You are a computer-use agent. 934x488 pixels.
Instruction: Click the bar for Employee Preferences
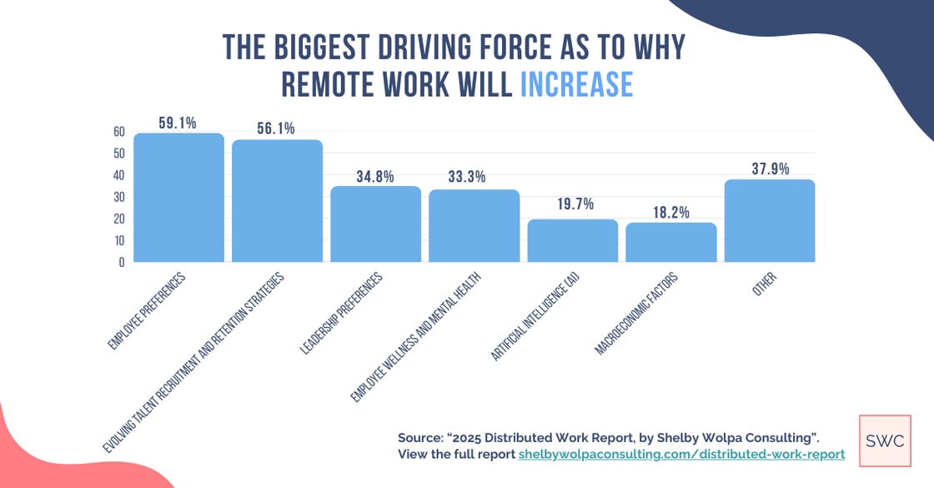pyautogui.click(x=178, y=198)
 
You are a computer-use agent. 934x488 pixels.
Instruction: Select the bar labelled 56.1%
pyautogui.click(x=277, y=201)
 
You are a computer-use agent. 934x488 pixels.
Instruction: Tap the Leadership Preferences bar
pyautogui.click(x=375, y=224)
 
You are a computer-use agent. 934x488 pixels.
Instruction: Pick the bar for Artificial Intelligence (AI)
pyautogui.click(x=573, y=241)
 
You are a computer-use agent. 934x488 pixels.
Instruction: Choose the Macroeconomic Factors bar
pyautogui.click(x=671, y=243)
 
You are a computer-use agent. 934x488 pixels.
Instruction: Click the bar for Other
pyautogui.click(x=770, y=221)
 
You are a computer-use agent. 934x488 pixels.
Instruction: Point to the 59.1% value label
pyautogui.click(x=178, y=123)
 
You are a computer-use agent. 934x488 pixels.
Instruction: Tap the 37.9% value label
pyautogui.click(x=770, y=168)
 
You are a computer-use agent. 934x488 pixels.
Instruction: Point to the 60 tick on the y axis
pyautogui.click(x=118, y=132)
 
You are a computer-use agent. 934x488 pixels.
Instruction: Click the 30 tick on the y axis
pyautogui.click(x=118, y=197)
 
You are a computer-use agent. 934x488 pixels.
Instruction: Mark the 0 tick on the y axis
pyautogui.click(x=122, y=262)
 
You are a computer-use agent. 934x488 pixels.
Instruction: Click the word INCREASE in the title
pyautogui.click(x=576, y=85)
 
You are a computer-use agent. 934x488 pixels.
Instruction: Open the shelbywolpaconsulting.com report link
pyautogui.click(x=681, y=455)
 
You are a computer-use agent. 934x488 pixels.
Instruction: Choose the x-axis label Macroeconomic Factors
pyautogui.click(x=637, y=313)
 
